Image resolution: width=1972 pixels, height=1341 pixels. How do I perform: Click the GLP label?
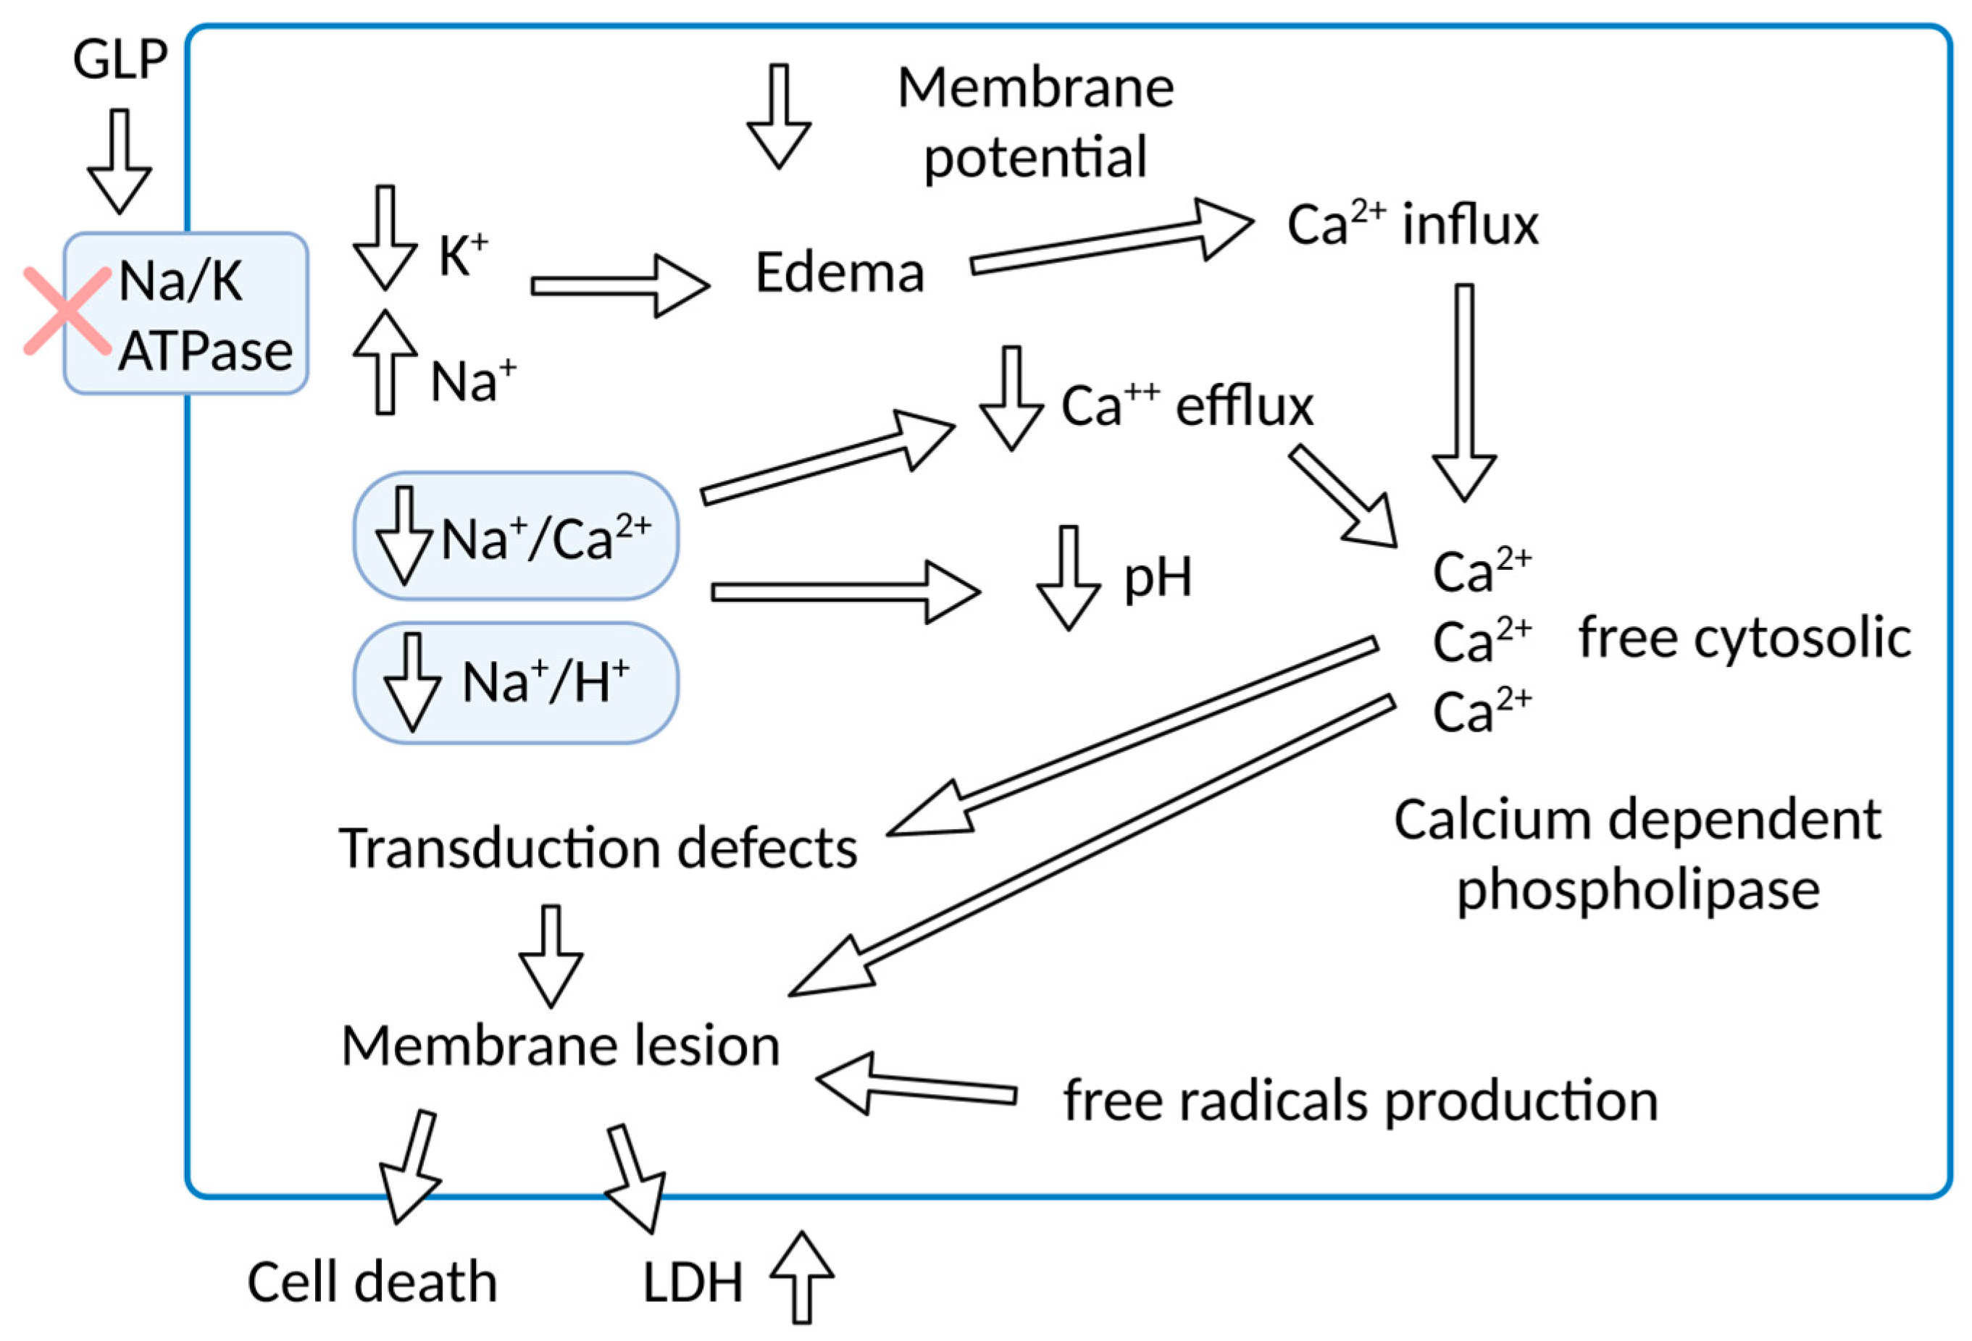[x=120, y=59]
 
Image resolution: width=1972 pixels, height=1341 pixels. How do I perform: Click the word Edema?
[x=839, y=273]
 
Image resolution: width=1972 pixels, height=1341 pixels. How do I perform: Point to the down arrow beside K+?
[x=385, y=237]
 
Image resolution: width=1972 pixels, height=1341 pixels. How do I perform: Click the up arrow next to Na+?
[x=385, y=362]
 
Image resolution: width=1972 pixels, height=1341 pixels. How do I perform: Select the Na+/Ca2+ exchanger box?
[x=516, y=536]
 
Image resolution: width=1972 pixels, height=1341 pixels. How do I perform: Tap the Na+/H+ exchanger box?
[x=516, y=683]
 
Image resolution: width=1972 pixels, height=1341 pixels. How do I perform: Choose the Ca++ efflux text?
[x=1186, y=405]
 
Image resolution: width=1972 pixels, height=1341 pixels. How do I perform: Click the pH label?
[x=1158, y=579]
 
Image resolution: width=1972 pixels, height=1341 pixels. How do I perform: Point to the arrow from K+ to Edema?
[x=619, y=286]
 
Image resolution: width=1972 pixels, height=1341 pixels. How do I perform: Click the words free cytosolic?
[x=1744, y=638]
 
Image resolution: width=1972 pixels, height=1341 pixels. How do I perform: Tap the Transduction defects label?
[x=598, y=848]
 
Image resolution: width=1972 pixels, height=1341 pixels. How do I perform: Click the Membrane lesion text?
[x=561, y=1046]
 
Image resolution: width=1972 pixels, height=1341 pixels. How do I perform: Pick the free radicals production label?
[x=1361, y=1101]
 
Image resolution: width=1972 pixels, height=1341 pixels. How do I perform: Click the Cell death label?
[x=372, y=1282]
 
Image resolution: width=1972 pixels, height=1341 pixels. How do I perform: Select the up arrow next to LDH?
[x=801, y=1277]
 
